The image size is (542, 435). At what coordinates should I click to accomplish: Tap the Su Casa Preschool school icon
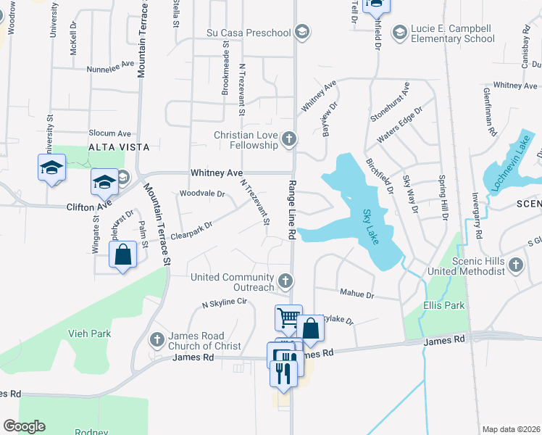point(302,32)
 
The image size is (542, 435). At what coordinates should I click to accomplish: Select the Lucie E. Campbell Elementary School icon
point(399,32)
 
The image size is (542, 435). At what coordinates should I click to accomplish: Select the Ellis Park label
point(444,305)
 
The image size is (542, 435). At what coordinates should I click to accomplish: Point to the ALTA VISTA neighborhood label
point(119,146)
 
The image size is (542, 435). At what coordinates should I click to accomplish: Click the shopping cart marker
point(288,317)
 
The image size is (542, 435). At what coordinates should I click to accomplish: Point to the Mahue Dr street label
point(357,295)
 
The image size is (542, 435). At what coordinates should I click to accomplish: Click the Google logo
point(24,426)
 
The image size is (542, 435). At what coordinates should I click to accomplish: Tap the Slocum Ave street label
point(109,133)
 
